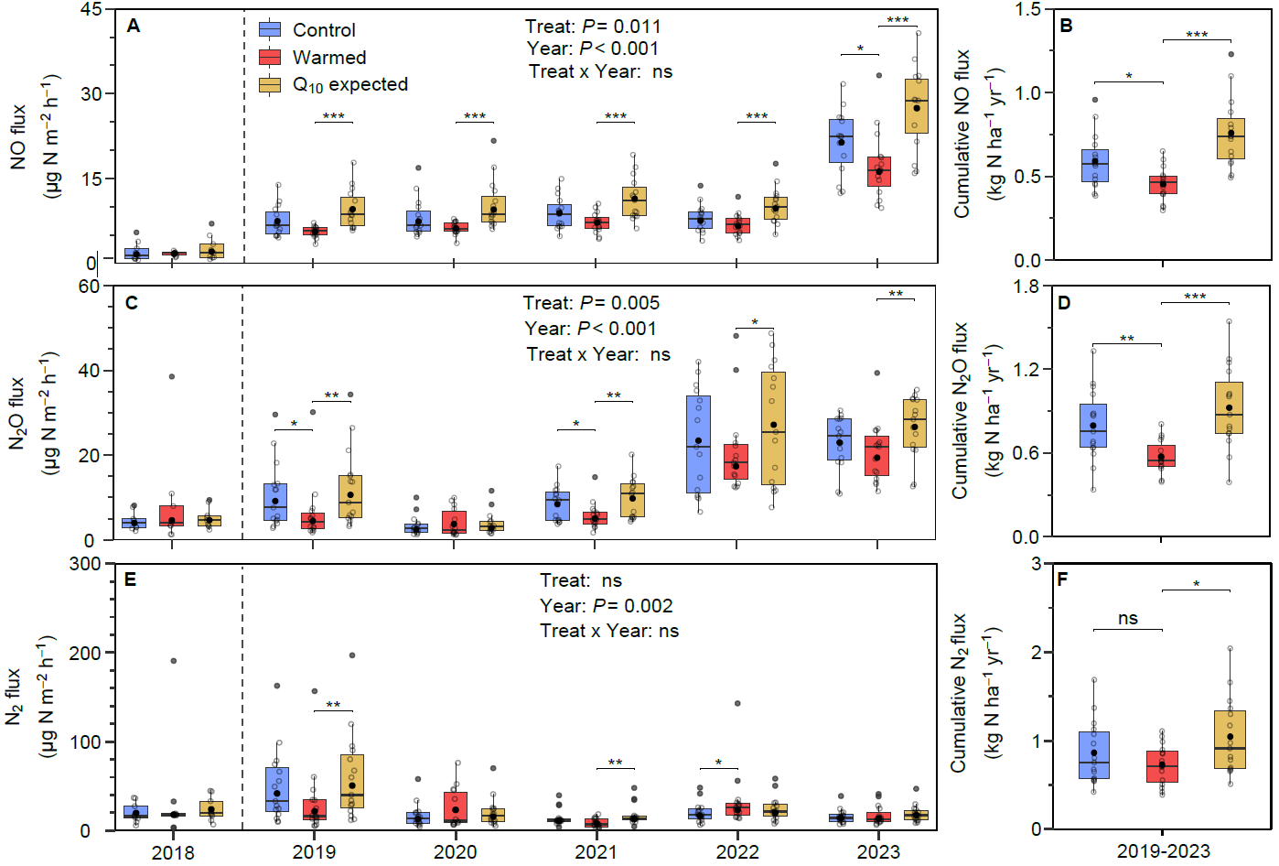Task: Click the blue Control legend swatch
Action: coord(270,29)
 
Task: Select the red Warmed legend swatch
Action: coord(270,57)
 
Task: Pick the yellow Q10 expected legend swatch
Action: coord(270,84)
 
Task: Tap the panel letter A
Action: coord(134,27)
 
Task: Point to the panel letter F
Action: coord(1063,579)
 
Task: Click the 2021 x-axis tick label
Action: coord(596,852)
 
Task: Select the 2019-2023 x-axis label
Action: coord(1163,851)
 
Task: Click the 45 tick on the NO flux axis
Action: coord(91,9)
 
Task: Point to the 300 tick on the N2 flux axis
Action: coord(85,564)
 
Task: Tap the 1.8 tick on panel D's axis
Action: coord(1027,287)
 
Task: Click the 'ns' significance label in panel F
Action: coord(1128,619)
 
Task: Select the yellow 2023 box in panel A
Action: coord(916,106)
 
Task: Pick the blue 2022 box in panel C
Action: coord(699,444)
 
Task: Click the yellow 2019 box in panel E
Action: coord(351,781)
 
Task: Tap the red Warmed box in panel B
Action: coord(1164,185)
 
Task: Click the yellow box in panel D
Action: coord(1230,407)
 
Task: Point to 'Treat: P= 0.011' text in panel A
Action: coord(593,27)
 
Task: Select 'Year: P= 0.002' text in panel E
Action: coord(606,606)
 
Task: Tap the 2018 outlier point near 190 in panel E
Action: coord(174,661)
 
